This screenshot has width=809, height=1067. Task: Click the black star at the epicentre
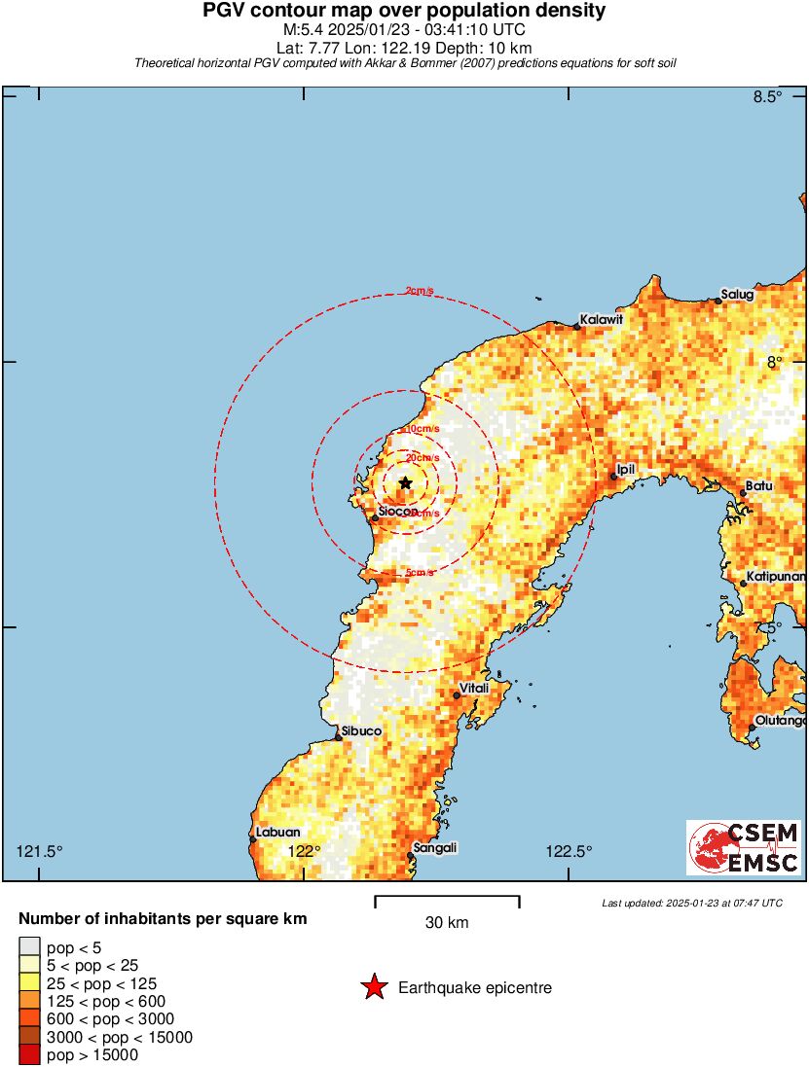[406, 482]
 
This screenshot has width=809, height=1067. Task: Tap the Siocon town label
[398, 511]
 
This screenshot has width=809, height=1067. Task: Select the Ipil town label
[626, 469]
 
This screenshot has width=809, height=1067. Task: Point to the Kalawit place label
[601, 319]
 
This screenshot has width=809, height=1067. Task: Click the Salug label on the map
[737, 294]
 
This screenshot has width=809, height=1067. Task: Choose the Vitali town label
[474, 688]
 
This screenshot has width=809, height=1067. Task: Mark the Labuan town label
[277, 832]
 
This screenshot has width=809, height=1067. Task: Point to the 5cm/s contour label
[420, 573]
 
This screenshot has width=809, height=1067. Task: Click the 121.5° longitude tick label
[40, 852]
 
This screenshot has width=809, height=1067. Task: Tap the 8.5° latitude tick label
[768, 96]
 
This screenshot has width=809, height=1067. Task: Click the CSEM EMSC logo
[744, 847]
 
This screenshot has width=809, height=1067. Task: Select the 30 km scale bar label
[447, 922]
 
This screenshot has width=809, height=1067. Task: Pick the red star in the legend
[373, 988]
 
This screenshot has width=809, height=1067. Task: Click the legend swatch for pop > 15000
[29, 1055]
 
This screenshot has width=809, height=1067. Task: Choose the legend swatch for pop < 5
[29, 946]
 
